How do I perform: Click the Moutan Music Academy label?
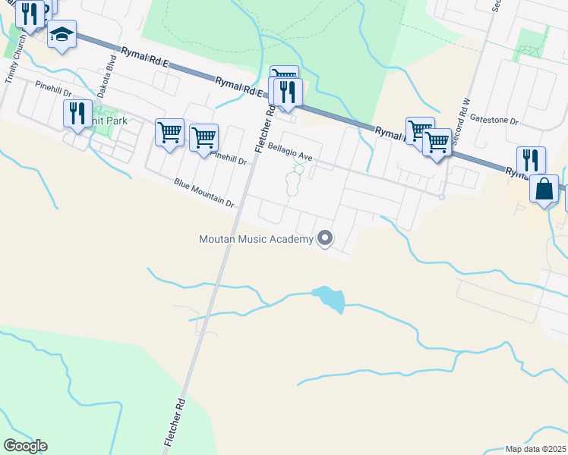pos(256,240)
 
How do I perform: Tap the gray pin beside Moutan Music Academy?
pos(326,239)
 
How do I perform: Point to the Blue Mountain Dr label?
pos(204,193)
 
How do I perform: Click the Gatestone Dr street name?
pos(494,120)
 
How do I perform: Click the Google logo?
pos(26,446)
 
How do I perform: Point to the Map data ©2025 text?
pos(535,449)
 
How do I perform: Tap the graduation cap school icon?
pos(62,35)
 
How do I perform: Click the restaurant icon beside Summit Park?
pos(77,113)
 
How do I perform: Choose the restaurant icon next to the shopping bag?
pos(531,160)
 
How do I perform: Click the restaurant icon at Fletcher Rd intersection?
pos(289,92)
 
